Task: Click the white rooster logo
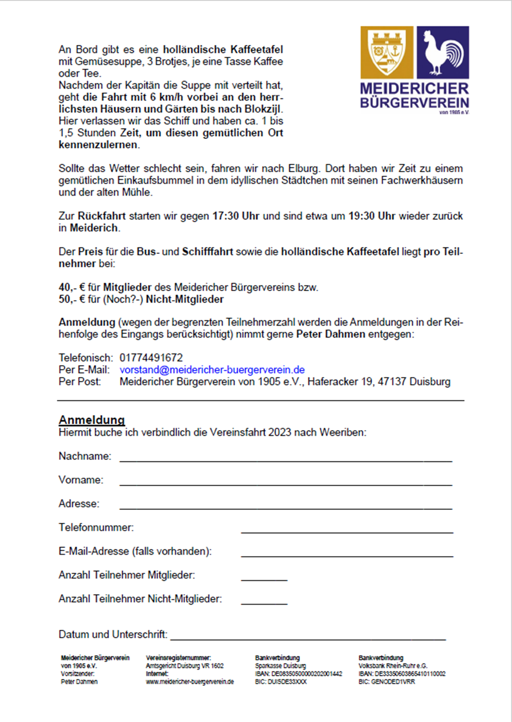443,52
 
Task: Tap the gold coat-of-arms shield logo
387,52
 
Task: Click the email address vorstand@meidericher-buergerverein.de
212,370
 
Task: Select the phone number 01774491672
151,358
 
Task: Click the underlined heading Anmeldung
91,420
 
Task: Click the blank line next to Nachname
285,458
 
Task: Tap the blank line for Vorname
285,482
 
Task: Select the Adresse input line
285,506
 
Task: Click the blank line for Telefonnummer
347,530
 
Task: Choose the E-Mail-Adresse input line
347,554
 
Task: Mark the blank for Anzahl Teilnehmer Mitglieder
264,578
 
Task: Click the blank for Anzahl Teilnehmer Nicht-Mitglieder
264,601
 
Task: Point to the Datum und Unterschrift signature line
308,637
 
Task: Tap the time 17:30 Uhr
235,216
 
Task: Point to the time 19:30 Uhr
371,216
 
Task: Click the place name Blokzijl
262,109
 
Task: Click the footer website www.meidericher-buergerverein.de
189,682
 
